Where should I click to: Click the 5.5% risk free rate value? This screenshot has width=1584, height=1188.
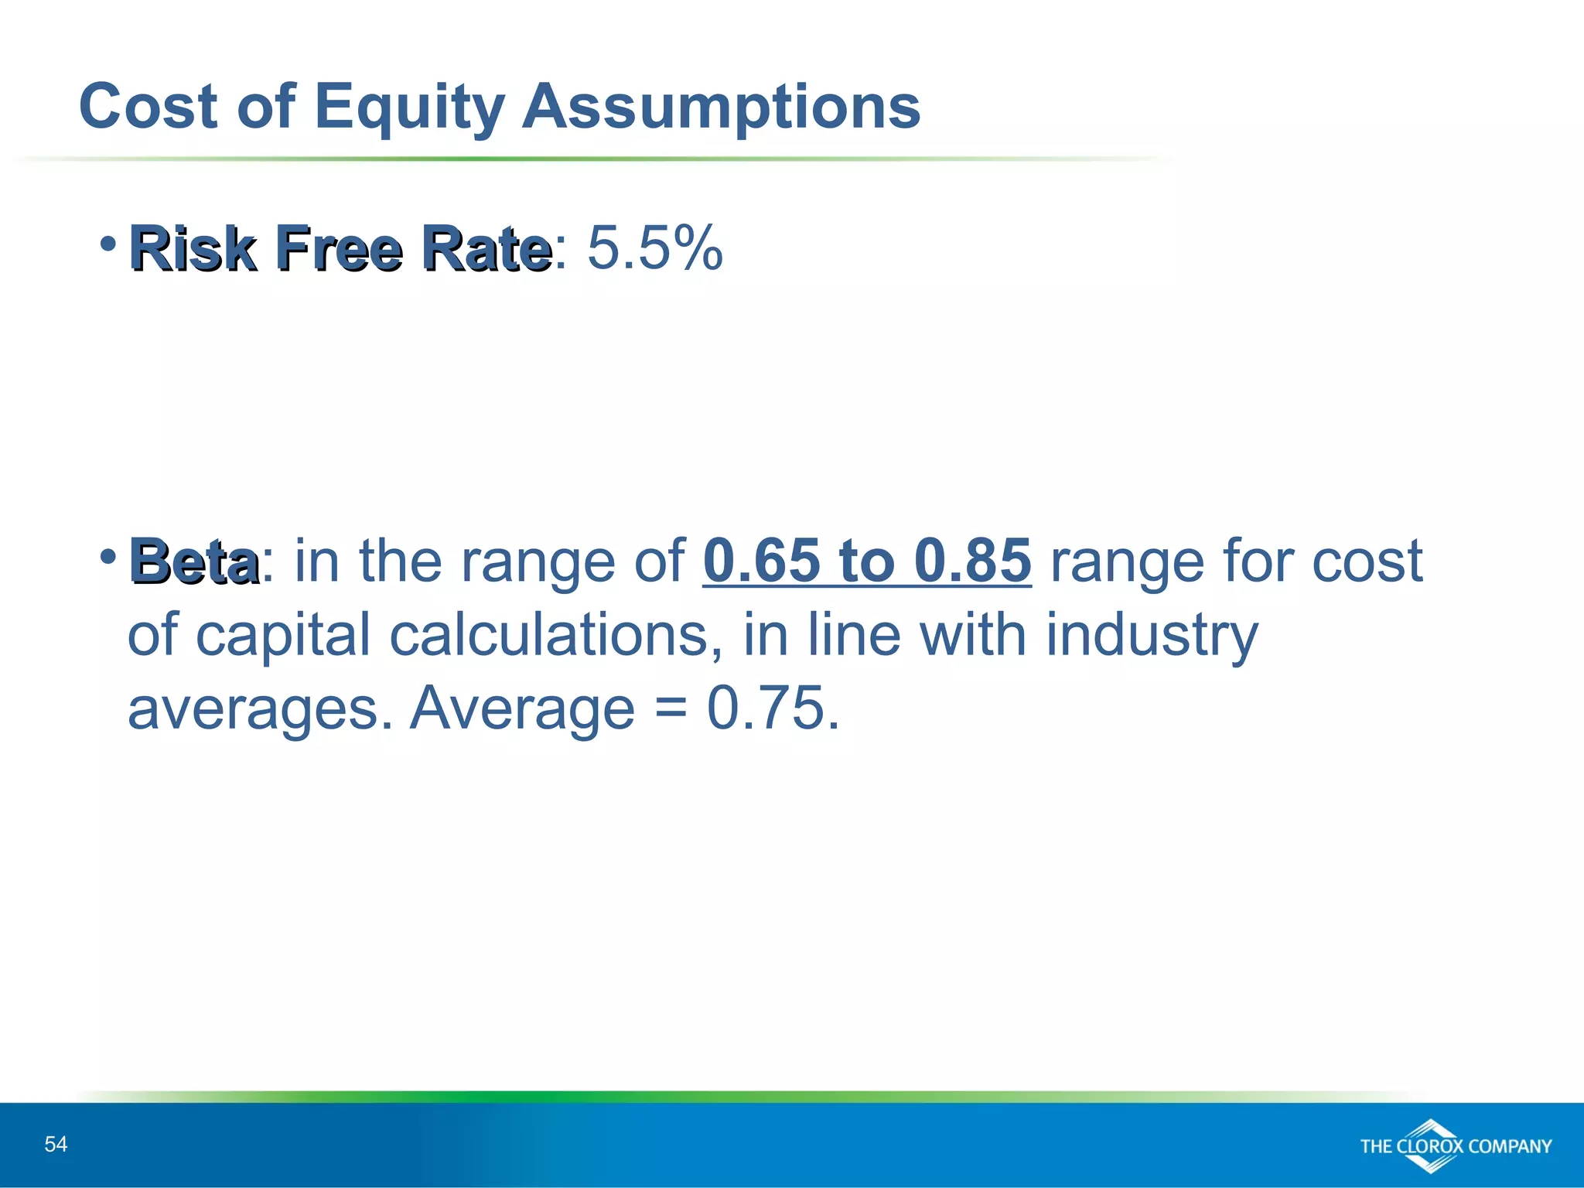(654, 248)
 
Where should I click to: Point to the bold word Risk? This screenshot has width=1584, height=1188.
(193, 249)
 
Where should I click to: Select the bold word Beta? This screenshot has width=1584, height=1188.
(194, 562)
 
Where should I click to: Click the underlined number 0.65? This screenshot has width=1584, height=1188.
(761, 560)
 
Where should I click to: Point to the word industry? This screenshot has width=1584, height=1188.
(1152, 635)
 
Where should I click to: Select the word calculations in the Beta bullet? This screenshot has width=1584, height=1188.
(556, 635)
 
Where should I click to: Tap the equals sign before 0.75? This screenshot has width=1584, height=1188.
(670, 709)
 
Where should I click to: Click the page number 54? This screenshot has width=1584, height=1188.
(56, 1144)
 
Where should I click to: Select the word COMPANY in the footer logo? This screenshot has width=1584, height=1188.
(1510, 1146)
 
